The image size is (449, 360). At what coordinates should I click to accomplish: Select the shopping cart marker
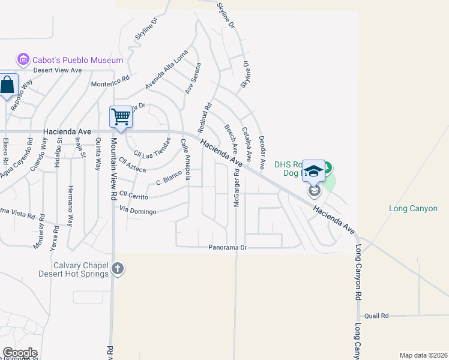[121, 116]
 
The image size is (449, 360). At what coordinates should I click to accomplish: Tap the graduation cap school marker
[313, 170]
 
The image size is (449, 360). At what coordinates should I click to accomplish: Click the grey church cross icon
[118, 269]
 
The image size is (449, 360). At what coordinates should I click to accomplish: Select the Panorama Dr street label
[228, 247]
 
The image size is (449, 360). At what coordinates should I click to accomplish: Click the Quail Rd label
[376, 316]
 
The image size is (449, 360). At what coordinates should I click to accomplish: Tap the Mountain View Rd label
[112, 169]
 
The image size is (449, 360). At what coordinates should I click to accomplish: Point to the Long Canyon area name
[413, 208]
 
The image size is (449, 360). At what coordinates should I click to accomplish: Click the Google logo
[19, 353]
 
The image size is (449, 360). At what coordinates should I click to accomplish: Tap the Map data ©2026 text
[423, 355]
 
